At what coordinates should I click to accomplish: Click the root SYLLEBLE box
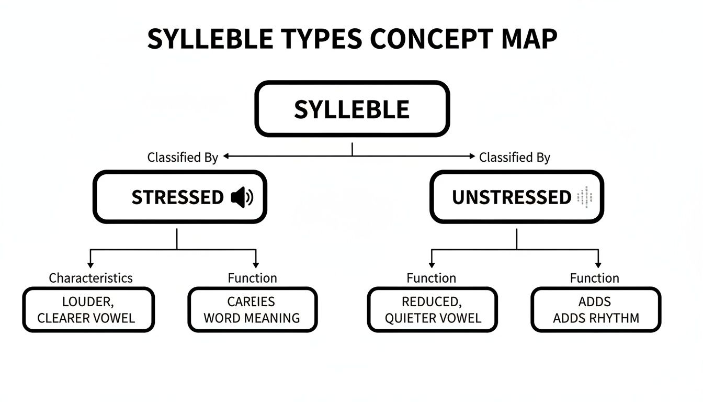(351, 109)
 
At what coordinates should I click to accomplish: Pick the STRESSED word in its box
(177, 197)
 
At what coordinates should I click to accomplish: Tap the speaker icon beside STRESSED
(242, 197)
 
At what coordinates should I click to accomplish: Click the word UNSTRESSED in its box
(511, 197)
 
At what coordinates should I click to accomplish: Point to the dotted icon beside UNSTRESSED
(582, 197)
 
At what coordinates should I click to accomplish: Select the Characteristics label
(90, 278)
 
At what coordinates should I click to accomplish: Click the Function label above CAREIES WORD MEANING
(252, 278)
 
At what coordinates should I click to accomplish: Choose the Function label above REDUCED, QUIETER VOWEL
(431, 278)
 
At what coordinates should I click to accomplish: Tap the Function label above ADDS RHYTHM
(594, 278)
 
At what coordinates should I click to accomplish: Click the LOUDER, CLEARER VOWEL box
(88, 309)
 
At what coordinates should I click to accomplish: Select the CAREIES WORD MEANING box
(252, 309)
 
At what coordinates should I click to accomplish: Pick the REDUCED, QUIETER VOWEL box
(432, 309)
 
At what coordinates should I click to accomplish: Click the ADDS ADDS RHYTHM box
(596, 309)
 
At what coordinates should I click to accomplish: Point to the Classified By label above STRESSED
(183, 157)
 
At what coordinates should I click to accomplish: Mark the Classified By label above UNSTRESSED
(515, 157)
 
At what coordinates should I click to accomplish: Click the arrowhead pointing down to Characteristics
(90, 265)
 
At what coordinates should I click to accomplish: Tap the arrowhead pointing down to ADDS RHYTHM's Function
(598, 265)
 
